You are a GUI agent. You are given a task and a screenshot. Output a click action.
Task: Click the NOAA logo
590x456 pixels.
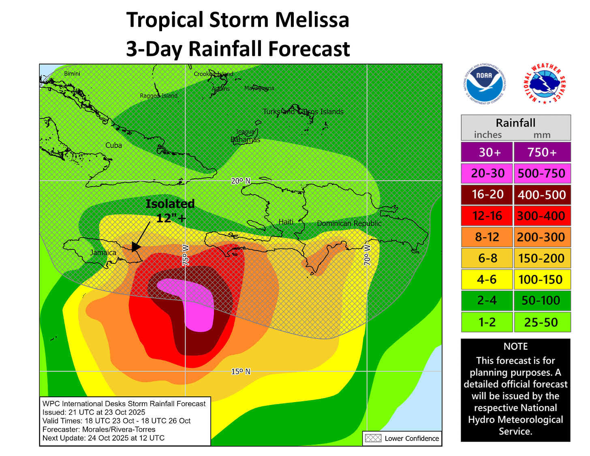click(484, 84)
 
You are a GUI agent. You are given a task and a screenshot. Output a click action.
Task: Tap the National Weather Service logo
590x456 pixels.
click(544, 84)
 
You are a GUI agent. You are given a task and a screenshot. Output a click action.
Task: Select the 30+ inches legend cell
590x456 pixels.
click(487, 152)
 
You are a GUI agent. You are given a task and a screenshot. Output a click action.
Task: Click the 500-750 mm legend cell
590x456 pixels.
click(542, 173)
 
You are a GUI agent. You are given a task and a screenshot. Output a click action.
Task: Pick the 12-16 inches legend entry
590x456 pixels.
click(487, 216)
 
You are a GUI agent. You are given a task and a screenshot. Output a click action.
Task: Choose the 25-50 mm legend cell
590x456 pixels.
click(542, 322)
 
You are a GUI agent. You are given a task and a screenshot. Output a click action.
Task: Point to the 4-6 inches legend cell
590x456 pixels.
click(487, 280)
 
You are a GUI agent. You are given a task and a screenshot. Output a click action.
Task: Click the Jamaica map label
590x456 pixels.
click(103, 253)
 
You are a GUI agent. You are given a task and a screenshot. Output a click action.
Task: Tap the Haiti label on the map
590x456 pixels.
click(286, 222)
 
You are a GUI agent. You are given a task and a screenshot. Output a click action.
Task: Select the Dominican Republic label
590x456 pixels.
click(349, 223)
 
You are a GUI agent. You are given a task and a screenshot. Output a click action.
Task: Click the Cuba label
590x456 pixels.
click(113, 145)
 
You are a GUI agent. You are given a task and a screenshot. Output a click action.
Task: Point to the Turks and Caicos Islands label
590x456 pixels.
click(303, 111)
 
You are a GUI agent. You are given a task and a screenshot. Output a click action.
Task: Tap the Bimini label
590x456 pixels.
click(72, 74)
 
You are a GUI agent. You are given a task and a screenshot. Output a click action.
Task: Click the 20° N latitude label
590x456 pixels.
click(241, 181)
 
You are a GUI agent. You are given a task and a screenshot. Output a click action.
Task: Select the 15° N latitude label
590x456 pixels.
click(241, 371)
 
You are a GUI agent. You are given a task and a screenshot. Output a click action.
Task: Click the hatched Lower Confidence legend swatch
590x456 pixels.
click(373, 438)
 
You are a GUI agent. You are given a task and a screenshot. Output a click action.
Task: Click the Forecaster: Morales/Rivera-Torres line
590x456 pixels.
click(99, 429)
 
